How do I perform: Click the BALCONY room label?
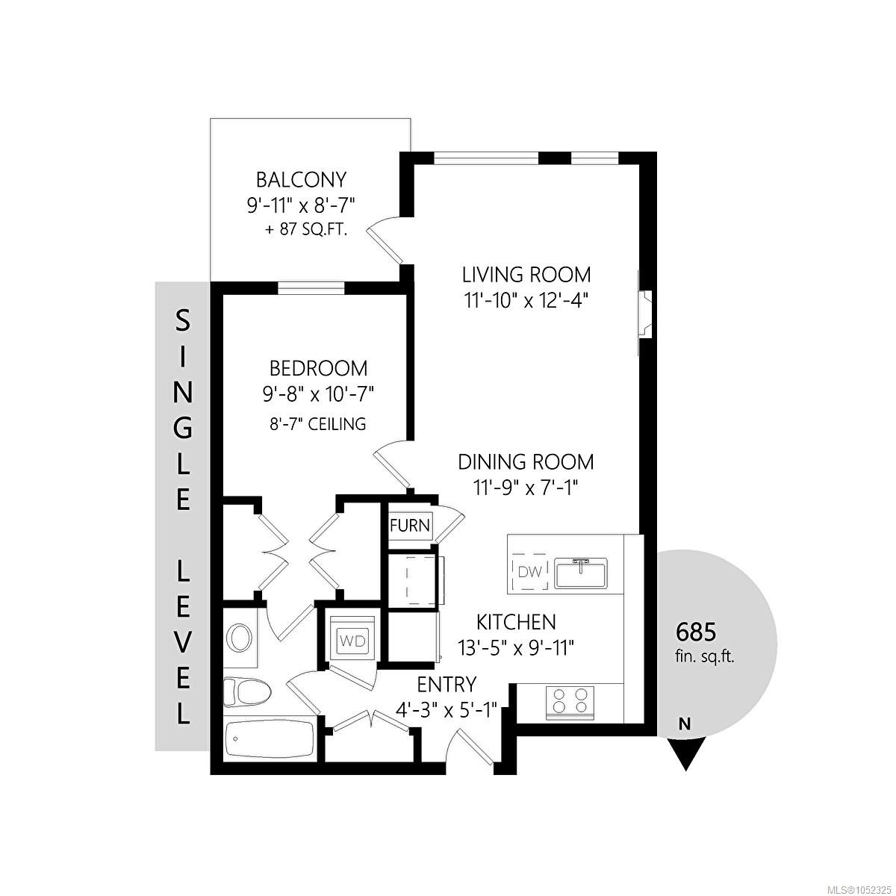click(302, 179)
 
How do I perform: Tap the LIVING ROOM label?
click(526, 275)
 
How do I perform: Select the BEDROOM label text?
click(319, 368)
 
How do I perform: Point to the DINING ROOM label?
click(526, 462)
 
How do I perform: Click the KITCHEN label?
click(516, 622)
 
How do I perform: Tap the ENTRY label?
click(447, 685)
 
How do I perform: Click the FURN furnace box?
click(410, 526)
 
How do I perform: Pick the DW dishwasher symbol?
click(529, 571)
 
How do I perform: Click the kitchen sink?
click(581, 572)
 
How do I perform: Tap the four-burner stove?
click(570, 703)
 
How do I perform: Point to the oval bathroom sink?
click(241, 638)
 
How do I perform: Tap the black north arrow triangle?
click(685, 753)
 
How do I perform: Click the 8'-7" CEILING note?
click(319, 424)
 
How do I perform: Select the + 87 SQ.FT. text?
click(306, 231)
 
